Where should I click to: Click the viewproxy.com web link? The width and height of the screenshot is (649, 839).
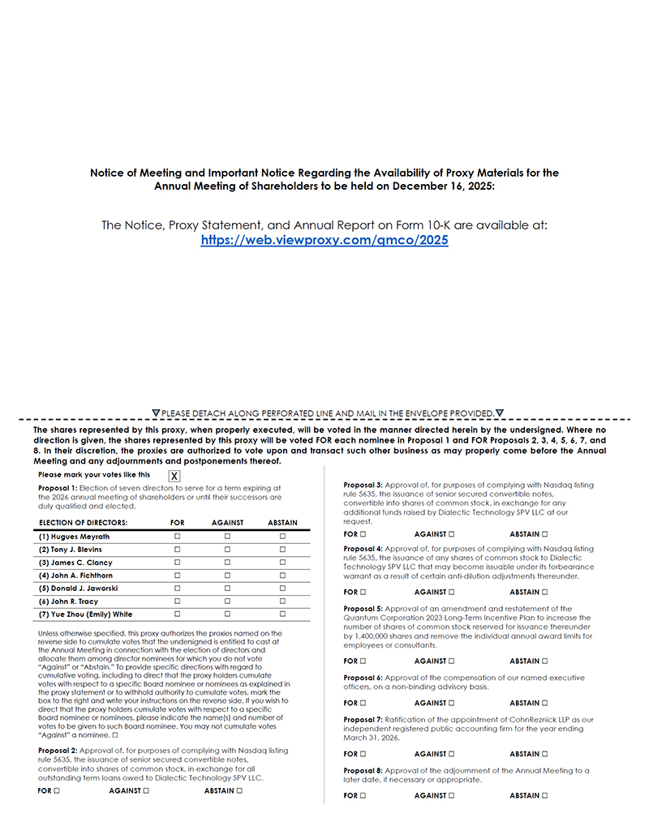pyautogui.click(x=324, y=241)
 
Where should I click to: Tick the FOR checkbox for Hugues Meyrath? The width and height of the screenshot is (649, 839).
pyautogui.click(x=177, y=537)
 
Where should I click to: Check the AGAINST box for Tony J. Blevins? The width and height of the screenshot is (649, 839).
pyautogui.click(x=227, y=550)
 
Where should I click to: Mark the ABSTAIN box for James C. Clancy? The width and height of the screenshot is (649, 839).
pyautogui.click(x=282, y=563)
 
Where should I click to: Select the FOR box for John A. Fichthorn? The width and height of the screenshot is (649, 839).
pyautogui.click(x=177, y=576)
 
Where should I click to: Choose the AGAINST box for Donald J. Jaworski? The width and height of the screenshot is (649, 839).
pyautogui.click(x=227, y=589)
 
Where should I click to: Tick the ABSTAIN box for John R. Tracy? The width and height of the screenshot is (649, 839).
pyautogui.click(x=282, y=601)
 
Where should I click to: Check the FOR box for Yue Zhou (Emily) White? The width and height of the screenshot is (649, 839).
pyautogui.click(x=177, y=614)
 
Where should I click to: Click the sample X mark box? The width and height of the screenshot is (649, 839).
pyautogui.click(x=174, y=476)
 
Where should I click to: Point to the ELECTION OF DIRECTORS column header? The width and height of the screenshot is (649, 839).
pyautogui.click(x=83, y=523)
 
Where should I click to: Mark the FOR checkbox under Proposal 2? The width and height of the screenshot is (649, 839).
pyautogui.click(x=57, y=790)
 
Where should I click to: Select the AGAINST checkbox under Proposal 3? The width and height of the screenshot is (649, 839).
pyautogui.click(x=451, y=534)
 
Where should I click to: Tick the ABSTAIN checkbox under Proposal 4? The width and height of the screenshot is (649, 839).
pyautogui.click(x=545, y=593)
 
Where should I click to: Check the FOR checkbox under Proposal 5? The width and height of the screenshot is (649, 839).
pyautogui.click(x=363, y=661)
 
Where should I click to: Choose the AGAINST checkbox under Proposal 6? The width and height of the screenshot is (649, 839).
pyautogui.click(x=451, y=704)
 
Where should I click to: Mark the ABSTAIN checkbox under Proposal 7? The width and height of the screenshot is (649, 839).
pyautogui.click(x=545, y=754)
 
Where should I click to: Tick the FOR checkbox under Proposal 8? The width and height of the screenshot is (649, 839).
pyautogui.click(x=363, y=796)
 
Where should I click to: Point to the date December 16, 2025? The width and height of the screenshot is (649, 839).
pyautogui.click(x=437, y=186)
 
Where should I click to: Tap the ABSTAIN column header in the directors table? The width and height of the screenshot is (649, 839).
pyautogui.click(x=282, y=523)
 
